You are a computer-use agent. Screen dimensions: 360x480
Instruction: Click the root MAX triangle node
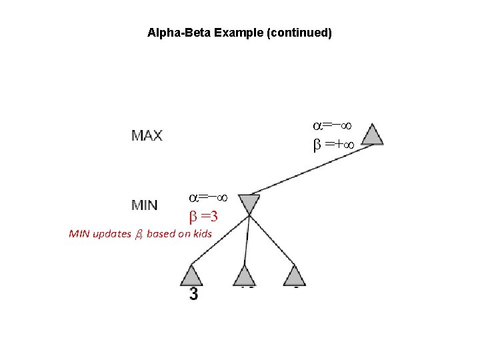(x=373, y=135)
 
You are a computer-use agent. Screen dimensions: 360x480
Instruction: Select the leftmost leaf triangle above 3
(x=191, y=275)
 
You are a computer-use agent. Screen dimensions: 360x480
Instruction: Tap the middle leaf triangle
(x=245, y=276)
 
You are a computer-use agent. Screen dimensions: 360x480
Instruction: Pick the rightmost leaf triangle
(x=294, y=275)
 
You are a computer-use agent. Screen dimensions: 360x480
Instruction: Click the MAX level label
(x=147, y=135)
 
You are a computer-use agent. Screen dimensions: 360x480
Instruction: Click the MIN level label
(x=145, y=205)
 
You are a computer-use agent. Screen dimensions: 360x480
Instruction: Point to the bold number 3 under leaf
(x=193, y=294)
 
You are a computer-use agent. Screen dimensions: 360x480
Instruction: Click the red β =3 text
(x=205, y=217)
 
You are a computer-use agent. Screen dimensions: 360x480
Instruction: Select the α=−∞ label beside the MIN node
(x=209, y=197)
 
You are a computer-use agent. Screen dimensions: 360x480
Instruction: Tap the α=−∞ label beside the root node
(x=333, y=125)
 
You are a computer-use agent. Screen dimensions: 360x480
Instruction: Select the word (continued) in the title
(x=299, y=32)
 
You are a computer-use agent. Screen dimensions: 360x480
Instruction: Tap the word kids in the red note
(x=201, y=234)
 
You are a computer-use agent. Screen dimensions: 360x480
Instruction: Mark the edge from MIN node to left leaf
(x=220, y=240)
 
